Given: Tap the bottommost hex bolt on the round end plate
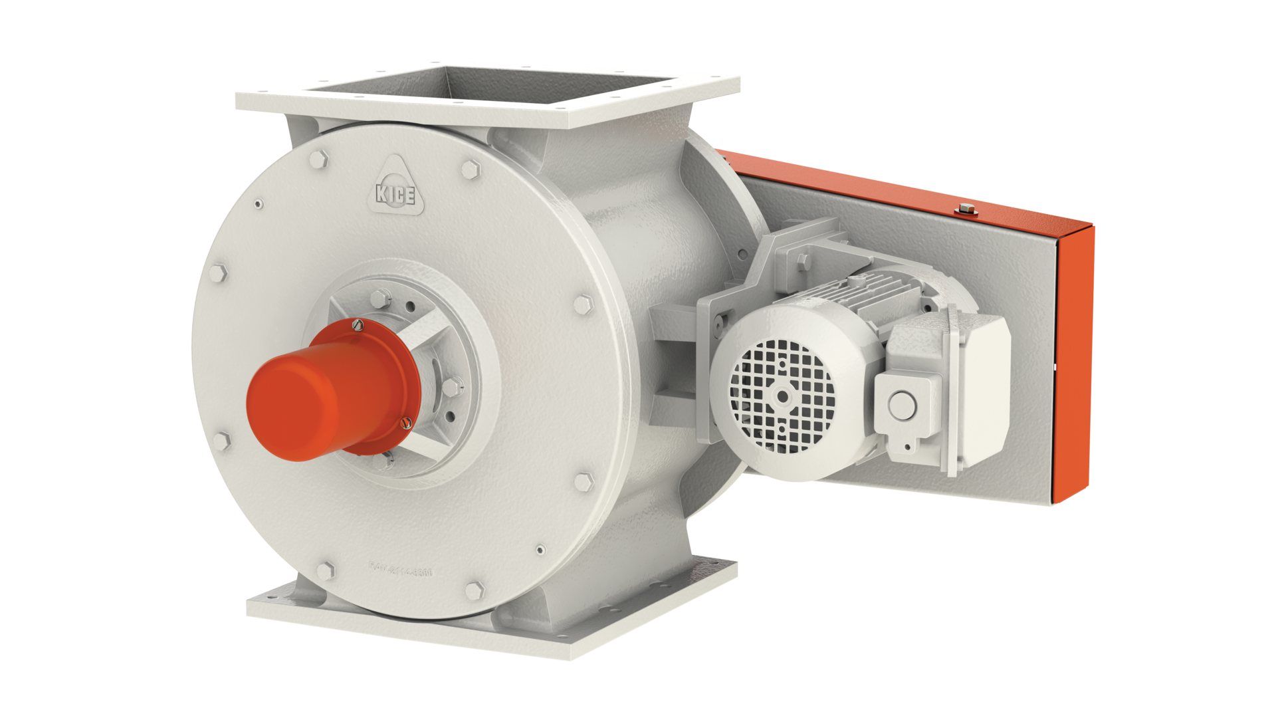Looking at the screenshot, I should (x=475, y=590).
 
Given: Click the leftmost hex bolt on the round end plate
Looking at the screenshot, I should (x=219, y=274).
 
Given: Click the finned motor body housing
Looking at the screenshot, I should (x=857, y=299).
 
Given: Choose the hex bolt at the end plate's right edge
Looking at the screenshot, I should (x=582, y=305).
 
